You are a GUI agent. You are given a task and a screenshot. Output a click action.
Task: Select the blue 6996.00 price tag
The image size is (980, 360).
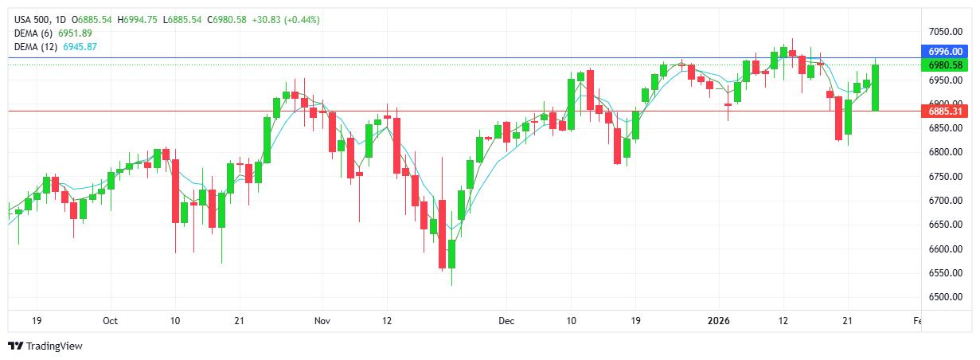[x=947, y=51]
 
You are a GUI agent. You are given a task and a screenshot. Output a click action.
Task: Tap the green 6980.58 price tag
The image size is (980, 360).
[x=947, y=65]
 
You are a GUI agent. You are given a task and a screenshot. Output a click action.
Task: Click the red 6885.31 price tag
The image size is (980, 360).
[x=947, y=112]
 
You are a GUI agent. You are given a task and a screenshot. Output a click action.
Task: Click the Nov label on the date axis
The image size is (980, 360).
[x=322, y=321]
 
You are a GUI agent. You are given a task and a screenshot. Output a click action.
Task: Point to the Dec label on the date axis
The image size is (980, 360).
[x=506, y=321]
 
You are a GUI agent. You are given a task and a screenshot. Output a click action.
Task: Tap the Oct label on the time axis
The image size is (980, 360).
[x=110, y=321]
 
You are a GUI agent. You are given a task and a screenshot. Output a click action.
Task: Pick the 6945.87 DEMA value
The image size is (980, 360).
[x=81, y=47]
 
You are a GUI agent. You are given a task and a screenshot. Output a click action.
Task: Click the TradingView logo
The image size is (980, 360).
[x=45, y=346]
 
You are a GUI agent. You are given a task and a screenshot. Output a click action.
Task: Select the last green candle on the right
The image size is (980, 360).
[x=876, y=88]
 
